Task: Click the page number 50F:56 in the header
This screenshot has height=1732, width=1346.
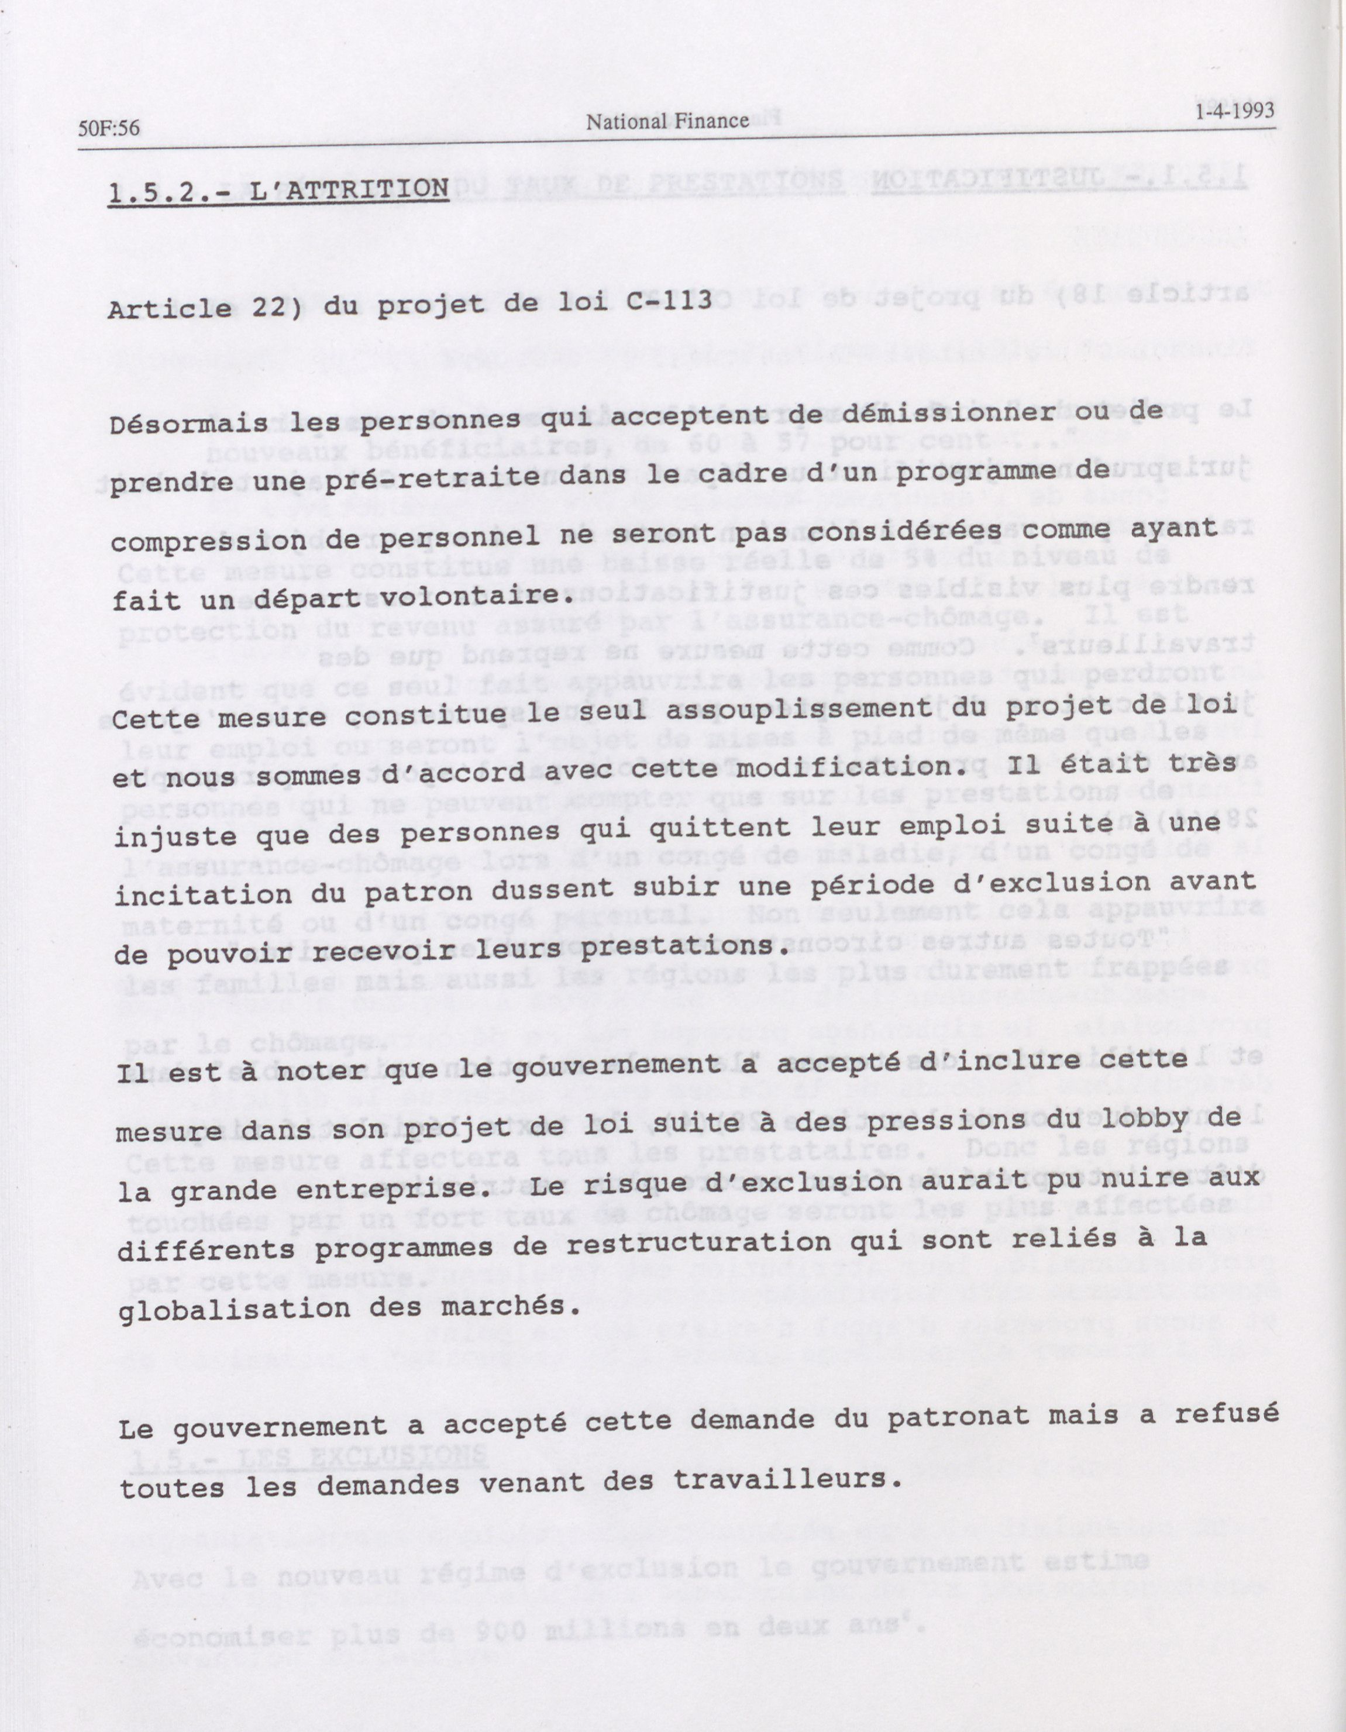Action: click(x=109, y=129)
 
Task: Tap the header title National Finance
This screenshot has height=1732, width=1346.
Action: click(x=667, y=120)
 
